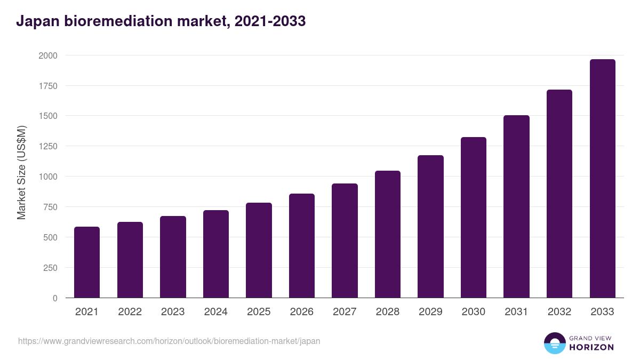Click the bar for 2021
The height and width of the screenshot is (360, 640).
click(87, 262)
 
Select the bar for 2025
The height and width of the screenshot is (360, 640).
click(259, 250)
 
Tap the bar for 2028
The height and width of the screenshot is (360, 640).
click(388, 234)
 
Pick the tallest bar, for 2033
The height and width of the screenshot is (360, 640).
click(602, 179)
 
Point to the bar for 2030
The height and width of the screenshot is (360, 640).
click(474, 218)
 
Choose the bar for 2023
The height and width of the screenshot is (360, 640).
click(173, 257)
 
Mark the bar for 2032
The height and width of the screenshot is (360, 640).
click(559, 194)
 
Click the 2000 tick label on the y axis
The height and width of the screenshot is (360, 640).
click(48, 55)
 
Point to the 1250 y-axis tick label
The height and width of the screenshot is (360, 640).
click(48, 146)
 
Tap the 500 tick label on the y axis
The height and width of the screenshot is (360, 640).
click(51, 237)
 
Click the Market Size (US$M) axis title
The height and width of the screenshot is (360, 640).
click(21, 173)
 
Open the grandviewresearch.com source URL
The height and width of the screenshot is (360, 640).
click(169, 341)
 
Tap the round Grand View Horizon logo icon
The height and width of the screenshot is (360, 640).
click(554, 343)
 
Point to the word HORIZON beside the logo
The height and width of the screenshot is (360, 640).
click(591, 347)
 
